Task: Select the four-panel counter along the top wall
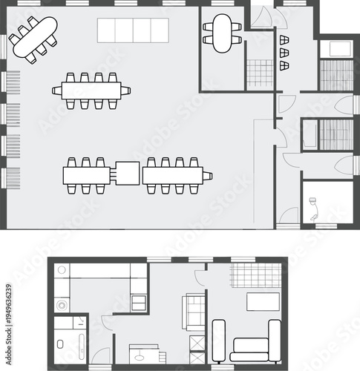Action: (x=133, y=30)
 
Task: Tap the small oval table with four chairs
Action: (x=222, y=33)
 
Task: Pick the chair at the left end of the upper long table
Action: (x=56, y=91)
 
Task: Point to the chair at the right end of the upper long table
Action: (x=127, y=91)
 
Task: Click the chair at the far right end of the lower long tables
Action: (x=209, y=176)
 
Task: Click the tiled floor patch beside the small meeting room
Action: (x=260, y=73)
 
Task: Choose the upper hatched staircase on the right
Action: (x=336, y=73)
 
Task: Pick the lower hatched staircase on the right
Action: (x=336, y=133)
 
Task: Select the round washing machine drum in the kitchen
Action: (x=61, y=305)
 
